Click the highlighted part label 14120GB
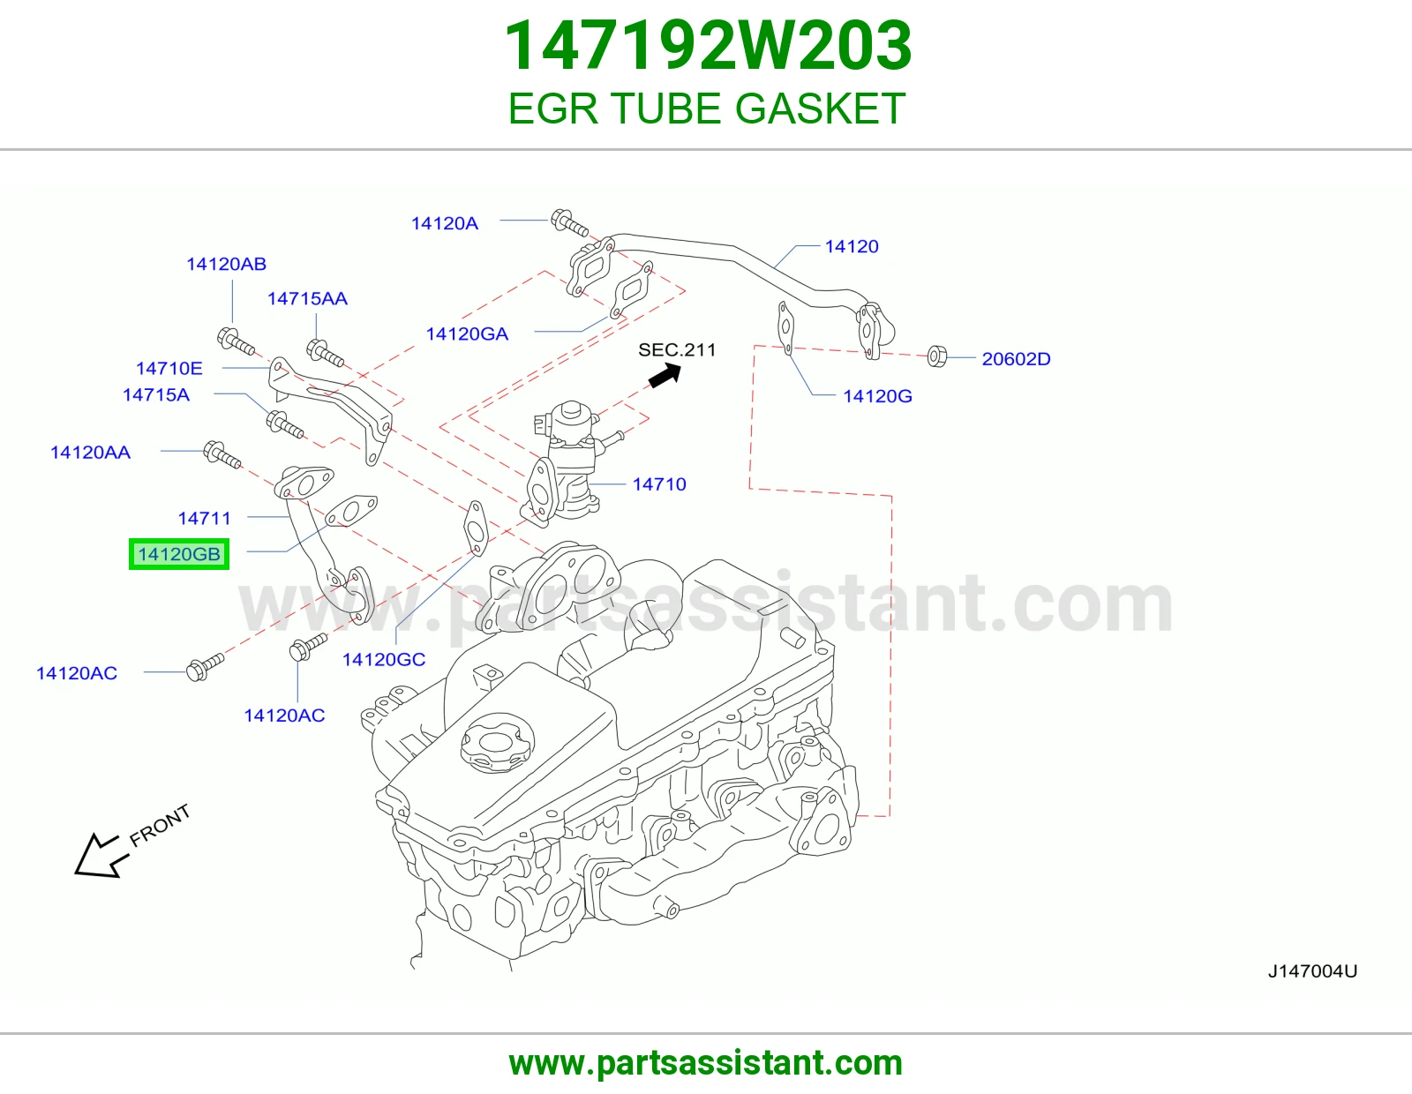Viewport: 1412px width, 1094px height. [x=178, y=554]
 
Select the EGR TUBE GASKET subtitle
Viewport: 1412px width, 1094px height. [x=706, y=109]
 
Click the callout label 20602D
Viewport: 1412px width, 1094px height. [x=1016, y=358]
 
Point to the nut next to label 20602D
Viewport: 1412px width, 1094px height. [x=936, y=356]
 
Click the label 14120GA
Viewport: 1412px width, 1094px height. [x=467, y=333]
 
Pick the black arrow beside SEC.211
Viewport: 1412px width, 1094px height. [x=665, y=375]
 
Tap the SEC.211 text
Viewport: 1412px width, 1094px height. [x=676, y=349]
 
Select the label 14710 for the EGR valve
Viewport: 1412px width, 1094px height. [x=659, y=484]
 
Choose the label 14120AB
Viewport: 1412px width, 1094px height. [x=226, y=264]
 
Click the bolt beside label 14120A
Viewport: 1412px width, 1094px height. [x=569, y=222]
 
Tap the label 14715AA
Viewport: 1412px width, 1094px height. [x=307, y=298]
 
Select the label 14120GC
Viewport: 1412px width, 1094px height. [x=384, y=659]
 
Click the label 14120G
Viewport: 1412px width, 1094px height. [x=877, y=395]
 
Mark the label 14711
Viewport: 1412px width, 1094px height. [x=205, y=519]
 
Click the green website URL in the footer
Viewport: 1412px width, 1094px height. [x=706, y=1063]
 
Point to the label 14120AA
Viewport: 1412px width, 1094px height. [x=90, y=452]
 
